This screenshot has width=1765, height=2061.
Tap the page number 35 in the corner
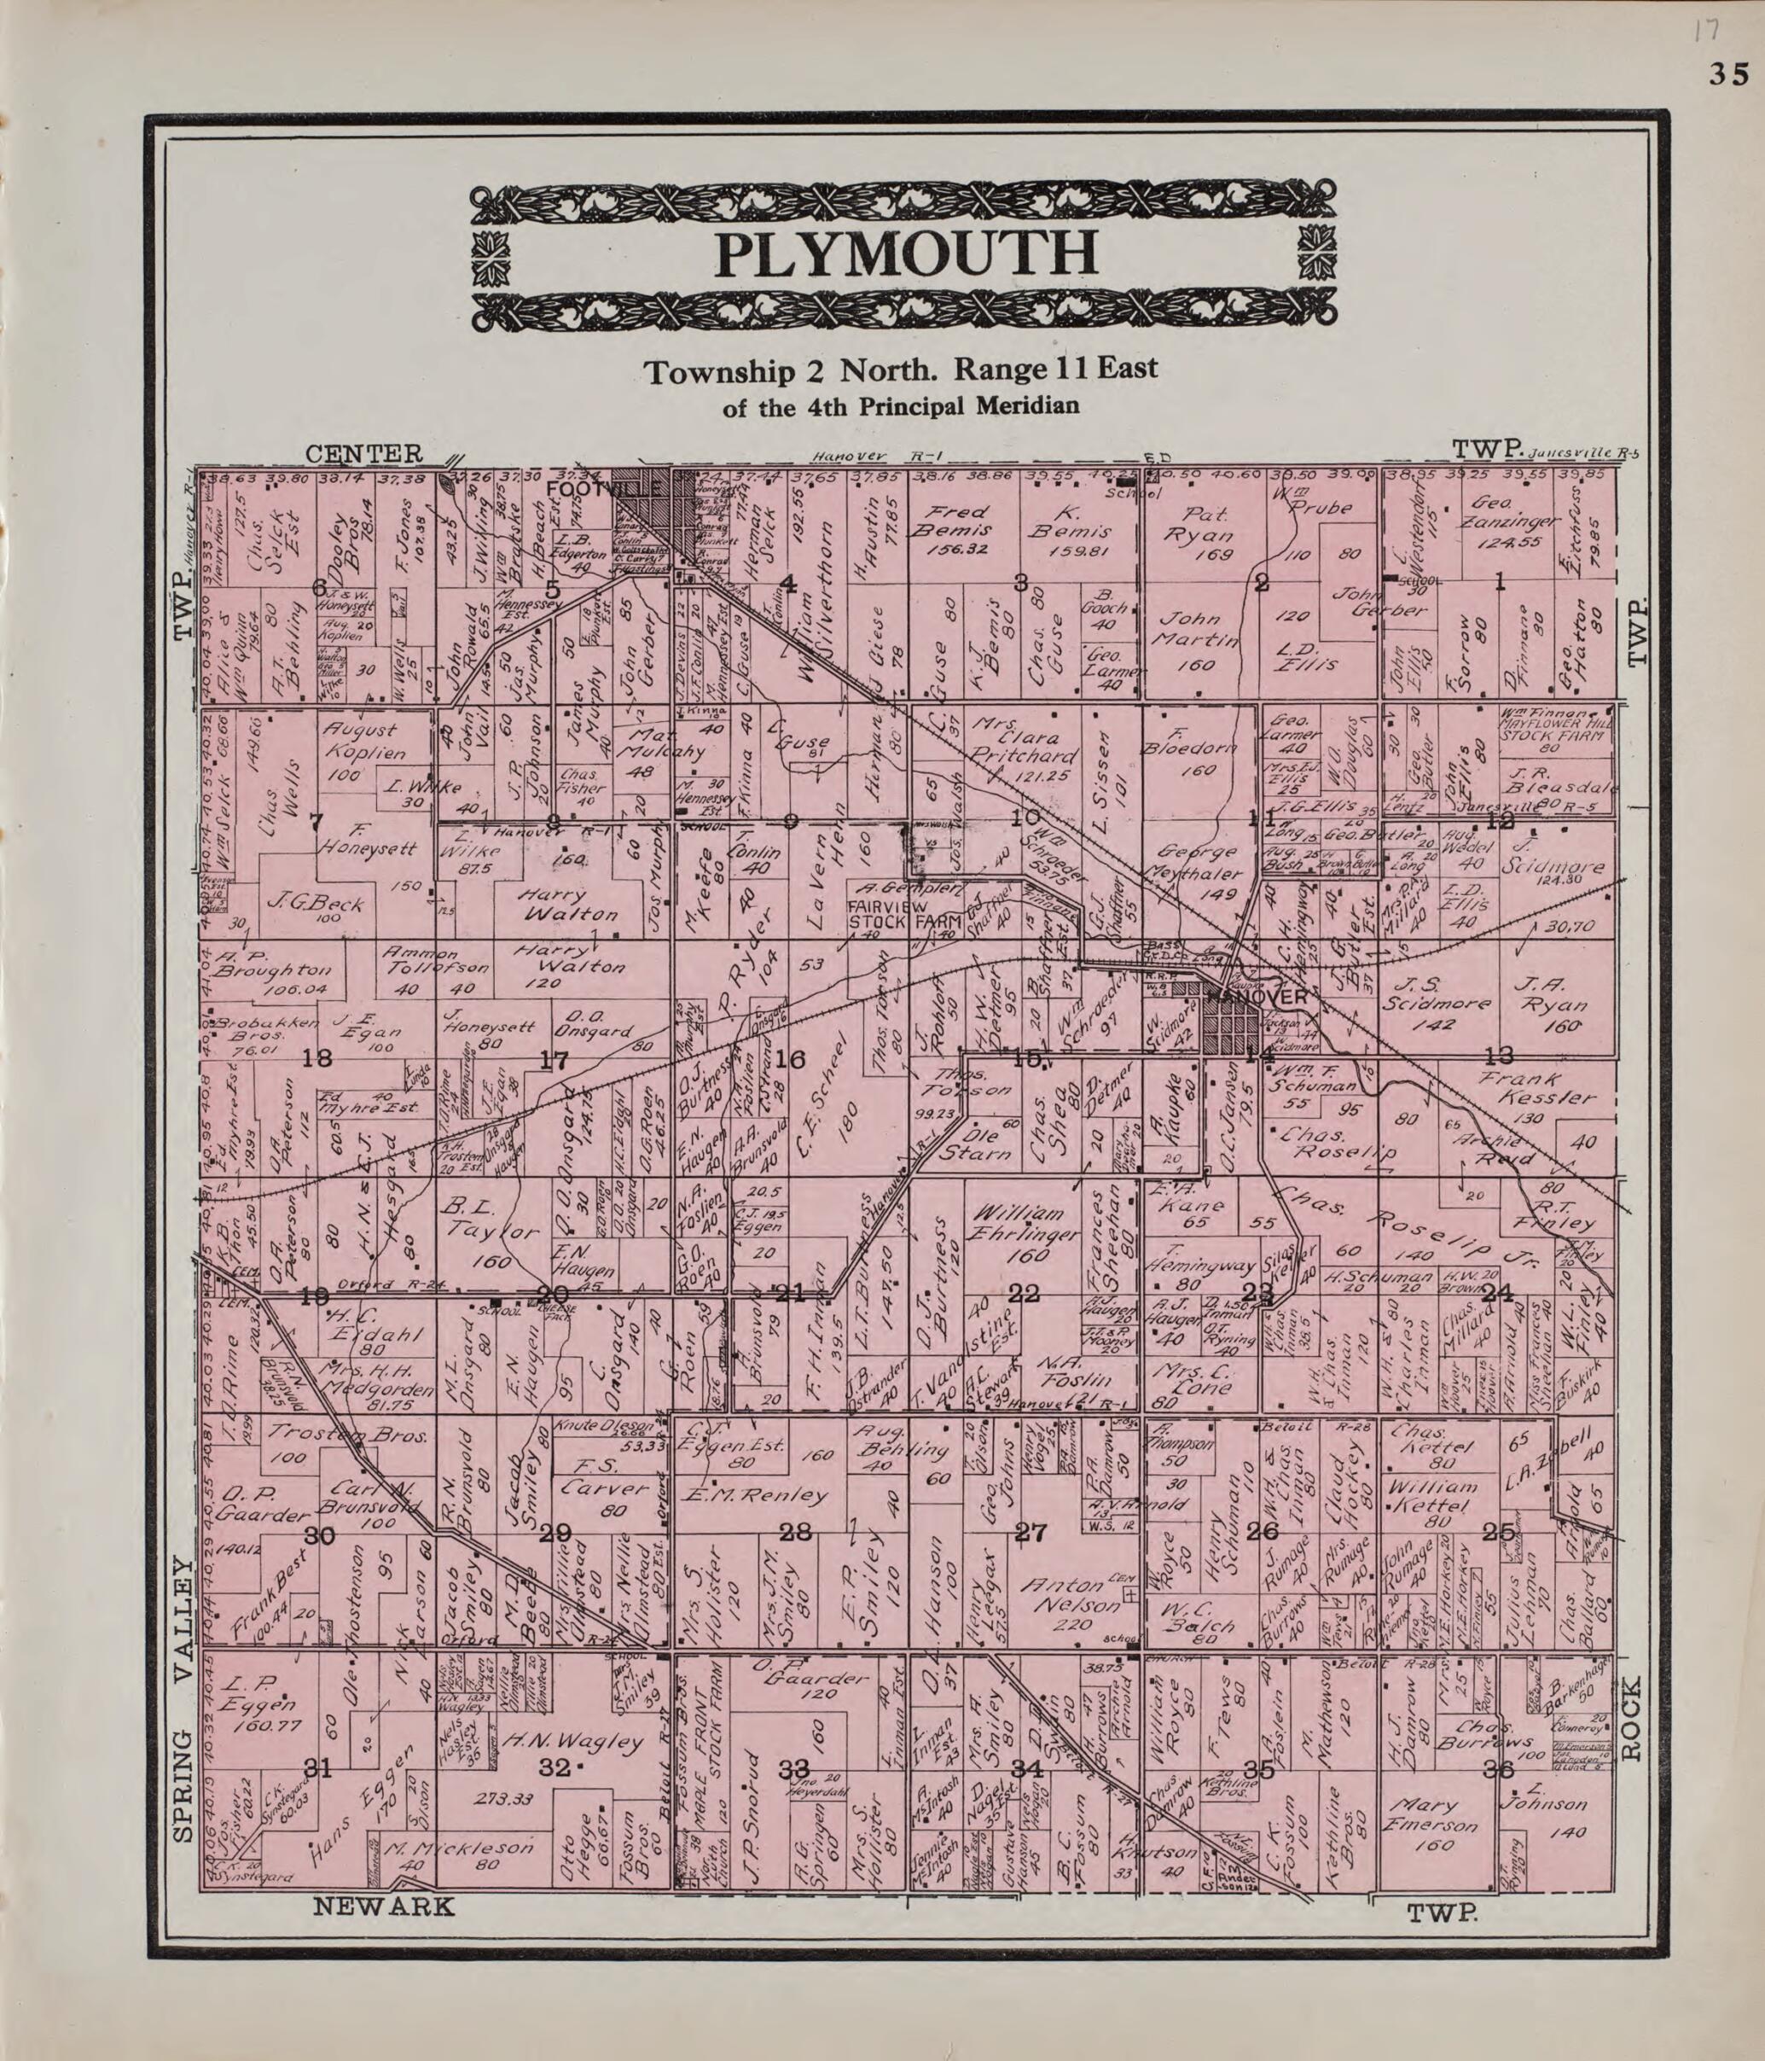click(x=1729, y=74)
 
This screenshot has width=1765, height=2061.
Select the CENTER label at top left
click(x=364, y=455)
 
